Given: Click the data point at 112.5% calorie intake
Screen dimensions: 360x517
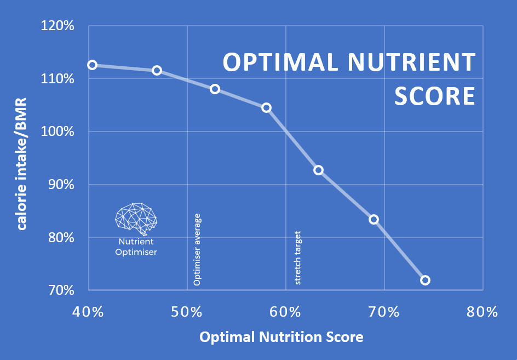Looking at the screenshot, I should coord(92,65).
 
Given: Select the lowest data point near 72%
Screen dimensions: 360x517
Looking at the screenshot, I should coord(425,280).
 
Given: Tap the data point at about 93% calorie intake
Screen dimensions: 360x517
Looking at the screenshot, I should coord(318,170).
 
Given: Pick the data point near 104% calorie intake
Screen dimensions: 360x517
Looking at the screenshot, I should coord(266,107).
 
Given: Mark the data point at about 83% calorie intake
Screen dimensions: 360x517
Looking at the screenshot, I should coord(374,219).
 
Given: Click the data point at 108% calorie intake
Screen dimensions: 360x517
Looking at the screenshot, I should coord(215,89).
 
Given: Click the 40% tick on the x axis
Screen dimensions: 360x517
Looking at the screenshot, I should coord(88,312).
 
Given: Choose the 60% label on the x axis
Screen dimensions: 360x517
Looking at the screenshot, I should coord(285,312).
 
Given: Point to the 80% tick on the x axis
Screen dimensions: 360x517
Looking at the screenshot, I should coord(482,312).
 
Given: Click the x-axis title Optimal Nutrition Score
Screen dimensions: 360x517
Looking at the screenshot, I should coord(281,337).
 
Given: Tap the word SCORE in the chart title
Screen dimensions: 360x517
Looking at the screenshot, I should coord(434,95).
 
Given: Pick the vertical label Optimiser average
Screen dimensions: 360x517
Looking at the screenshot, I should coord(198,249).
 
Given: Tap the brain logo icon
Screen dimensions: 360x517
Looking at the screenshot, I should coord(136,218).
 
